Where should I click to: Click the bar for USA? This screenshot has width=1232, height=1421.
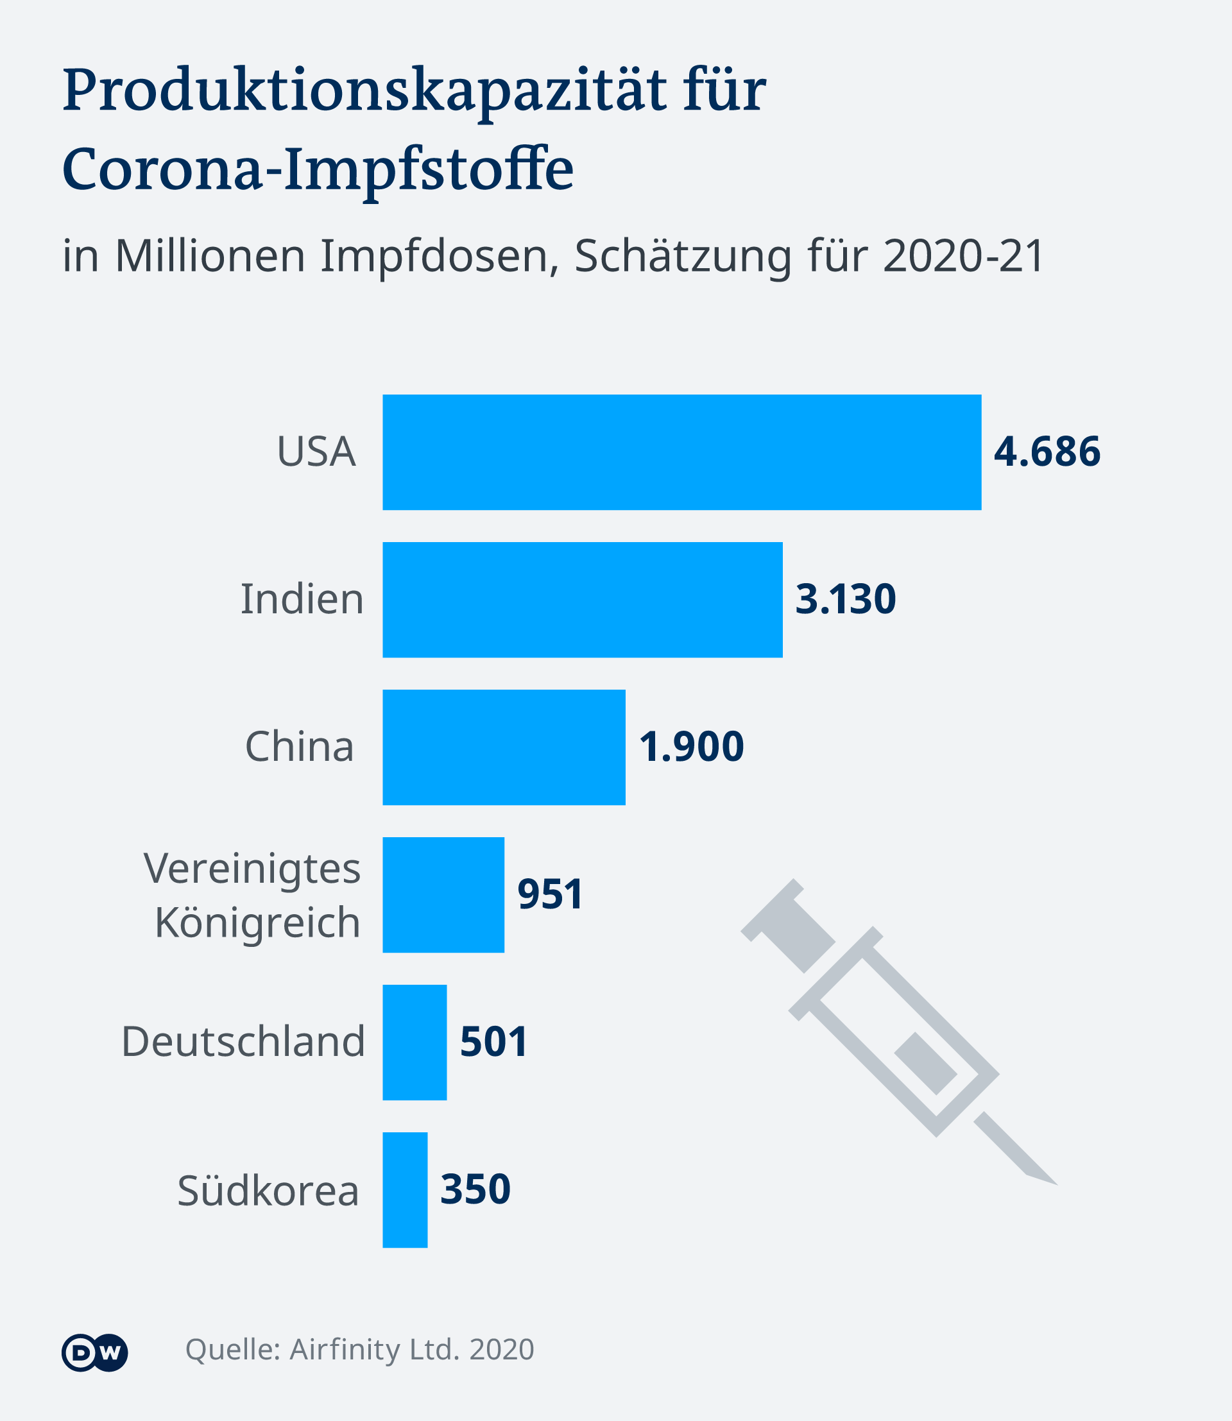click(681, 452)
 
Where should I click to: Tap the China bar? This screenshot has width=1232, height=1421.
click(504, 747)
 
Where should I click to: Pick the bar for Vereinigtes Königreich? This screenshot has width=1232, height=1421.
click(443, 894)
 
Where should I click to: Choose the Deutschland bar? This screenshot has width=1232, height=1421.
click(415, 1042)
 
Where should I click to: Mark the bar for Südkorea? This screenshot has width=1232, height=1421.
click(405, 1190)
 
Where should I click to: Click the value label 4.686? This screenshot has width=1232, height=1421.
click(1047, 452)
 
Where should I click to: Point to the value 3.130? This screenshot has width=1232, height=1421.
click(846, 599)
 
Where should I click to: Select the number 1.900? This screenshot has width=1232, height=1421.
click(692, 747)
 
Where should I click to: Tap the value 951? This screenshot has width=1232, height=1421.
click(550, 894)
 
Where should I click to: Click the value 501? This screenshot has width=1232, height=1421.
click(493, 1042)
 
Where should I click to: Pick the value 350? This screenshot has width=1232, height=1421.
click(475, 1190)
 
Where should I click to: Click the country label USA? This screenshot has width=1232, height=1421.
click(316, 452)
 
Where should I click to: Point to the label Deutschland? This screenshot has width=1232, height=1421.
click(243, 1042)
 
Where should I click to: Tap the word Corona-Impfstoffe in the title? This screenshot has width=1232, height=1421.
click(318, 170)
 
